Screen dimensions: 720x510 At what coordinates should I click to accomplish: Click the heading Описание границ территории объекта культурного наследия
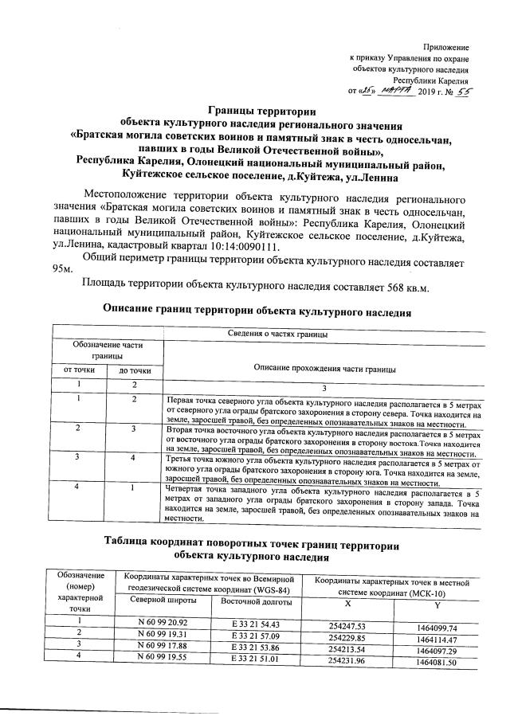[x=257, y=311]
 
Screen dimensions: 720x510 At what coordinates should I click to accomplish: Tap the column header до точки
[x=135, y=370]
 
